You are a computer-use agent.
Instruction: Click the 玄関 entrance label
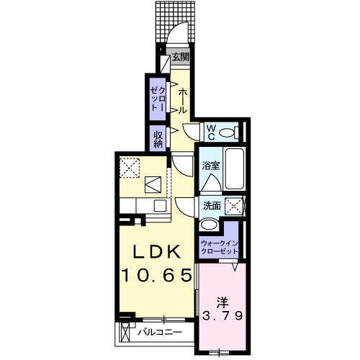[x=181, y=57]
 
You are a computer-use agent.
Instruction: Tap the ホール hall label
[x=183, y=101]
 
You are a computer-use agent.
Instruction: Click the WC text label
[x=211, y=132]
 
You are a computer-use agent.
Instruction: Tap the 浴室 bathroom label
[x=210, y=165]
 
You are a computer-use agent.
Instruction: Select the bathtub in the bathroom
[x=235, y=169]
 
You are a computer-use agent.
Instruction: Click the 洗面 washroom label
[x=212, y=206]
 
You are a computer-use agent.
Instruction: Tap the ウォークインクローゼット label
[x=220, y=247]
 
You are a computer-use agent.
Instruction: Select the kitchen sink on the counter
[x=154, y=185]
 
